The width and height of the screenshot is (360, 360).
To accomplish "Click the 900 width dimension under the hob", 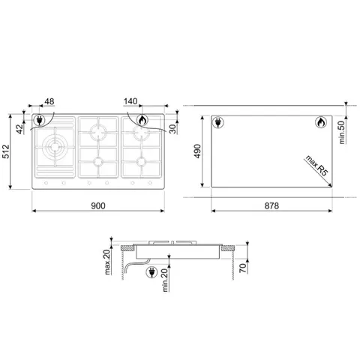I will (x=98, y=205).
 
